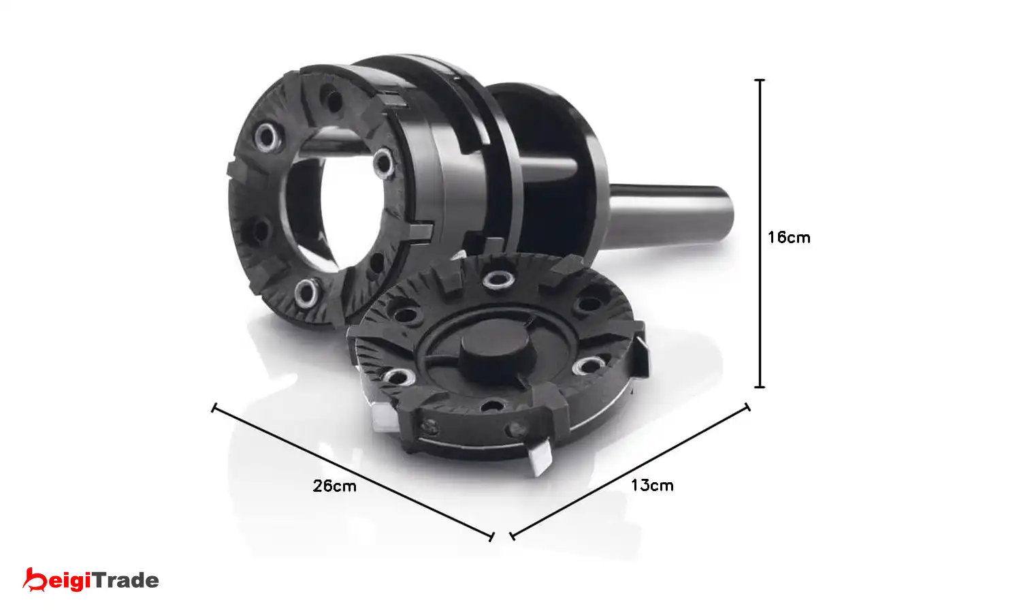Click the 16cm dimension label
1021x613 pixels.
[789, 238]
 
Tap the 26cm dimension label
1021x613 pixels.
[335, 486]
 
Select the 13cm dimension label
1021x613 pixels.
[652, 485]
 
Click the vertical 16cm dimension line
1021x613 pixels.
[760, 234]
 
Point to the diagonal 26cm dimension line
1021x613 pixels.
[353, 472]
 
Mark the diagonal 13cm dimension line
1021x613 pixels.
[630, 471]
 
